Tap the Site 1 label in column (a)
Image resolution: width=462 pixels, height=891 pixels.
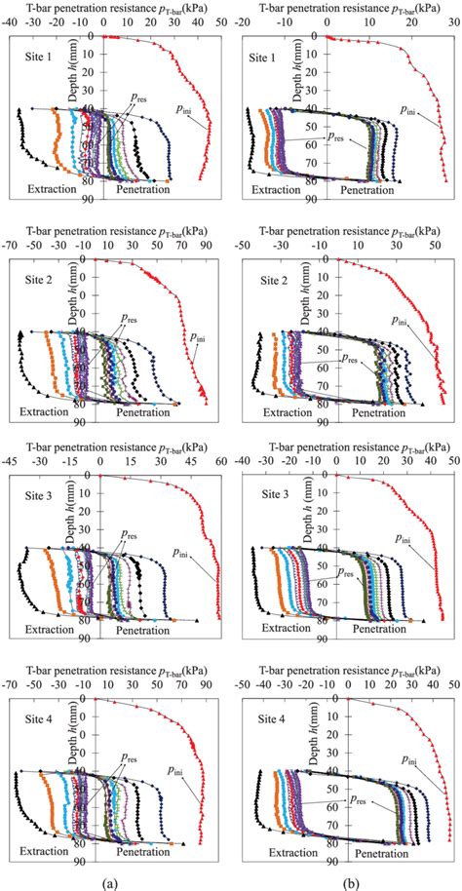click(x=42, y=58)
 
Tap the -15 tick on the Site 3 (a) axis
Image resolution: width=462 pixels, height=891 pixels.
click(x=68, y=464)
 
